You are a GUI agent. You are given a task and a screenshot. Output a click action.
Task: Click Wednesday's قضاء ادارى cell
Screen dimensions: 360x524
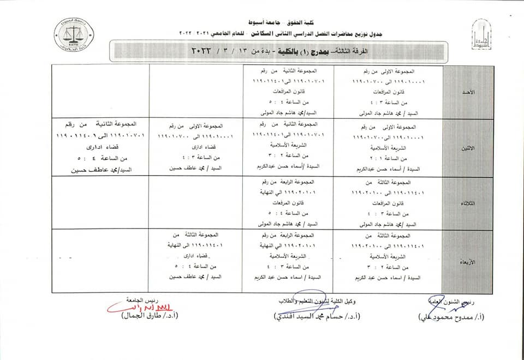tap(194, 256)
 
